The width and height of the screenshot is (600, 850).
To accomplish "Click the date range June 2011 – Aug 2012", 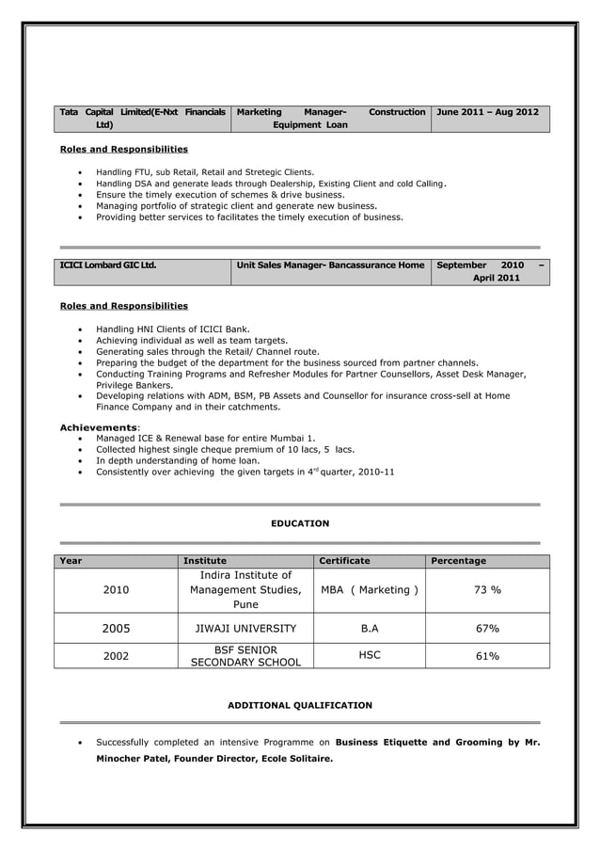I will click(x=487, y=112).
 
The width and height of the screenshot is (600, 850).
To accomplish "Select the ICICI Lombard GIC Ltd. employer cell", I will click(x=108, y=265).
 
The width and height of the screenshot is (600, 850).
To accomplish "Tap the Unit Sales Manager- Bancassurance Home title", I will click(x=330, y=265).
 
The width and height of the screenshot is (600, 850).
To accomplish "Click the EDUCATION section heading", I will click(x=300, y=523).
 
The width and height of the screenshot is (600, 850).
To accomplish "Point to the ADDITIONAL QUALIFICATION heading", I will click(x=300, y=705).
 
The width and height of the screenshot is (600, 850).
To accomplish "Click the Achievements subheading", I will click(x=99, y=427).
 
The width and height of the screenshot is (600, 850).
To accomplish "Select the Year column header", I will click(x=71, y=561).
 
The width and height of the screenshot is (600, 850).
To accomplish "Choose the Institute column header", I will click(x=204, y=561).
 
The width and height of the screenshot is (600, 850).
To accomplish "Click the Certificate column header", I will click(x=344, y=561).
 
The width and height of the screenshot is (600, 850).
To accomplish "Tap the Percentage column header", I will click(x=458, y=561).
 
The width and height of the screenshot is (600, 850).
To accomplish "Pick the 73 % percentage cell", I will click(x=486, y=590).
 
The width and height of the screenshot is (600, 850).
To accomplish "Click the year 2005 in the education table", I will click(x=116, y=629).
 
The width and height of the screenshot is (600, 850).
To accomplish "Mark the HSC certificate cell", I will click(x=370, y=655).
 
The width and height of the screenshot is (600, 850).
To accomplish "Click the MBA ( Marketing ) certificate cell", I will click(x=370, y=590).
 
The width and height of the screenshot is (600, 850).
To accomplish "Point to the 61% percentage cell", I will click(x=486, y=656).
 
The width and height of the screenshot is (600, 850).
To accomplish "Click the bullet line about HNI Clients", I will click(x=172, y=329).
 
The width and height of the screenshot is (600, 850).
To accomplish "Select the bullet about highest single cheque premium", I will click(x=225, y=450).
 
